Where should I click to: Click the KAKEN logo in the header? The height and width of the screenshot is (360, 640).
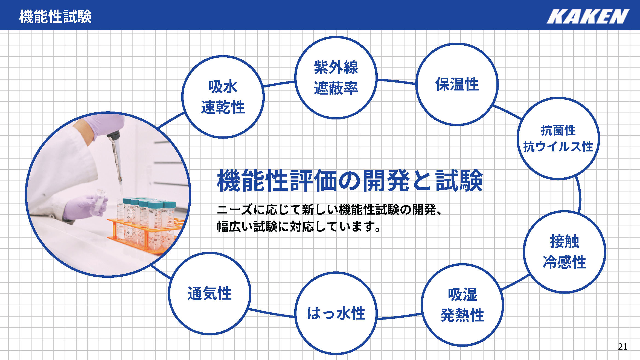(x=588, y=16)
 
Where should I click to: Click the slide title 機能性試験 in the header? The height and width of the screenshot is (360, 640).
(x=55, y=16)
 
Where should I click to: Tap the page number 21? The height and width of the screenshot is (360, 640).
(x=623, y=346)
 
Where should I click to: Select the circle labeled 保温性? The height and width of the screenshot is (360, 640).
(x=457, y=84)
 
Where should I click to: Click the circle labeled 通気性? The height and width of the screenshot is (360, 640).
(x=210, y=293)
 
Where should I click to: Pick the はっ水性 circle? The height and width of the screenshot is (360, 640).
(x=336, y=313)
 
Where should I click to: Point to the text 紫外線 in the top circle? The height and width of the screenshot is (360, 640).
(x=336, y=67)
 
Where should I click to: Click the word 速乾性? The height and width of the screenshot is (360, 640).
(x=223, y=107)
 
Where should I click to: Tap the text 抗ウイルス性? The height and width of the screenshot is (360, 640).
(x=558, y=147)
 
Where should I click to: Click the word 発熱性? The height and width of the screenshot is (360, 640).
(x=462, y=315)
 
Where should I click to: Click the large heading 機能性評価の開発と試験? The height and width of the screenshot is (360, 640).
(x=350, y=180)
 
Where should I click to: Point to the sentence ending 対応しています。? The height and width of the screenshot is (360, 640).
(x=299, y=226)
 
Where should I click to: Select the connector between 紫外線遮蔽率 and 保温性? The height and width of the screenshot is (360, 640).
(x=397, y=81)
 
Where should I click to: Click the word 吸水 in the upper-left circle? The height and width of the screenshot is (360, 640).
(x=223, y=87)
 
